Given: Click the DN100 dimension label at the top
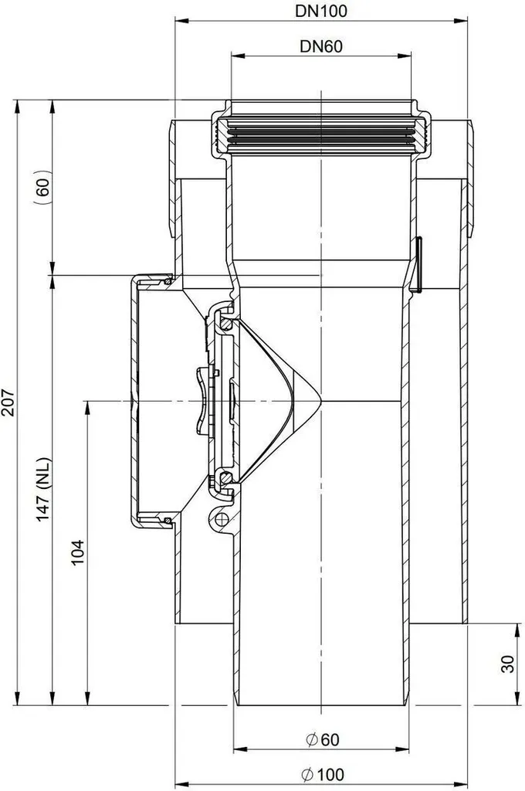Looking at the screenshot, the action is (x=321, y=11).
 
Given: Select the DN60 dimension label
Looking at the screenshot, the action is (x=321, y=46).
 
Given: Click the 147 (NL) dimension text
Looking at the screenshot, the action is (x=43, y=489).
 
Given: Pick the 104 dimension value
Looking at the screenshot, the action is (x=77, y=552).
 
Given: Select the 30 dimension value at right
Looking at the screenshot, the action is (x=508, y=664).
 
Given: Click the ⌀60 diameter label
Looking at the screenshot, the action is (x=323, y=739).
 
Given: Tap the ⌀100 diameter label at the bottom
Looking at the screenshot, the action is (x=323, y=774).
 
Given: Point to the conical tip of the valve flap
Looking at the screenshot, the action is (x=320, y=401).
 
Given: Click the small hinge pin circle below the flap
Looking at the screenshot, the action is (x=220, y=518).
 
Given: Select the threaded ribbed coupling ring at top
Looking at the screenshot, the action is (x=321, y=135).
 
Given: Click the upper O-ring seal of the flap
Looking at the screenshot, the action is (x=226, y=324).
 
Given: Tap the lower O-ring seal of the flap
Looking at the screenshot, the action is (x=226, y=477).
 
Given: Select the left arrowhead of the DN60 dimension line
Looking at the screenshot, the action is (x=237, y=56).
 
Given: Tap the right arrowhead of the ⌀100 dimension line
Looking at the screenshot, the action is (x=461, y=785).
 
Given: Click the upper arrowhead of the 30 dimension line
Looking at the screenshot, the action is (x=517, y=630).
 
